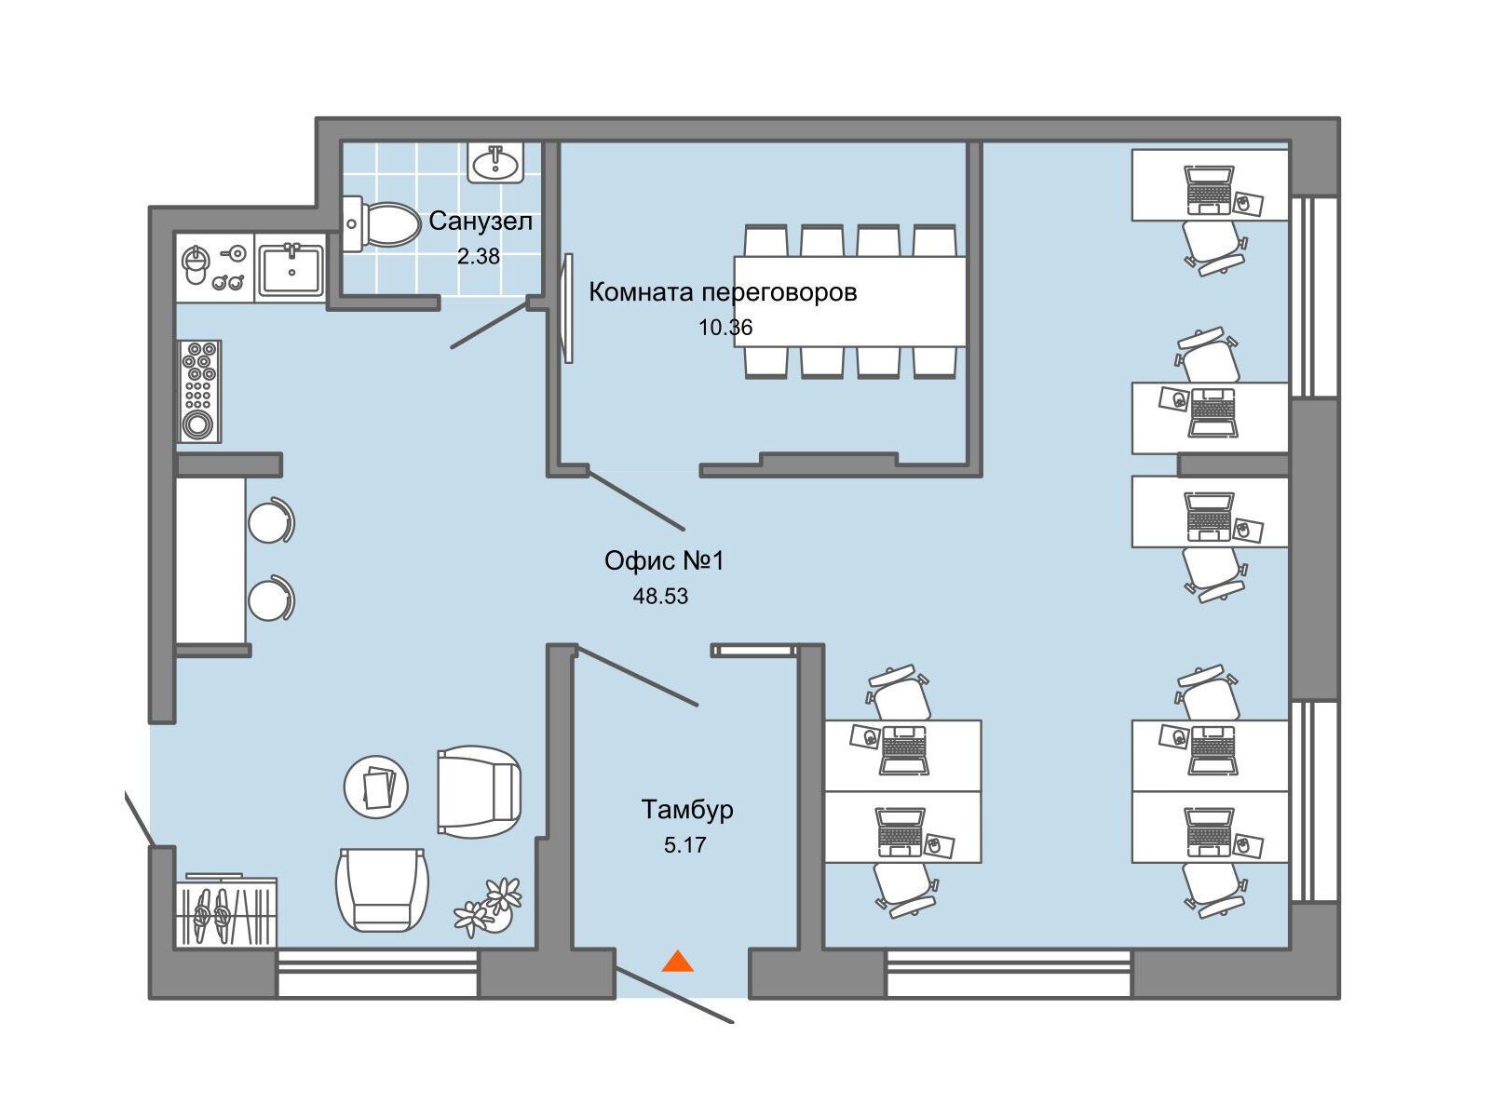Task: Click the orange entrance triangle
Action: tap(677, 962)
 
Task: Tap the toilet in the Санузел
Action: tap(381, 223)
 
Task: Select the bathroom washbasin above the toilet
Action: tap(495, 163)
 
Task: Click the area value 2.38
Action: tap(479, 256)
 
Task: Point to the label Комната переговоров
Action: tap(723, 292)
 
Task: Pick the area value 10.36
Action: tap(725, 328)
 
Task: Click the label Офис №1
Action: tap(665, 561)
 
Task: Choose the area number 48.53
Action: tap(660, 596)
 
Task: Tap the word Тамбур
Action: tap(687, 810)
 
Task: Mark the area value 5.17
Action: tap(684, 845)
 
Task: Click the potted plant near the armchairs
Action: tap(489, 907)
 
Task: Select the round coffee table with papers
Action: tap(376, 787)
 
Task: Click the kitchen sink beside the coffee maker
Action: tap(291, 269)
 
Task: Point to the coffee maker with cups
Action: tap(214, 267)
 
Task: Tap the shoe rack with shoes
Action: tap(226, 911)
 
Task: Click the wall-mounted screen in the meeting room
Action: tap(568, 309)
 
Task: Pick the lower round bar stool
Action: tap(271, 599)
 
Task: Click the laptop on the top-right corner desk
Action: tap(1209, 189)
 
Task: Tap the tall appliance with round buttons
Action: tap(199, 391)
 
